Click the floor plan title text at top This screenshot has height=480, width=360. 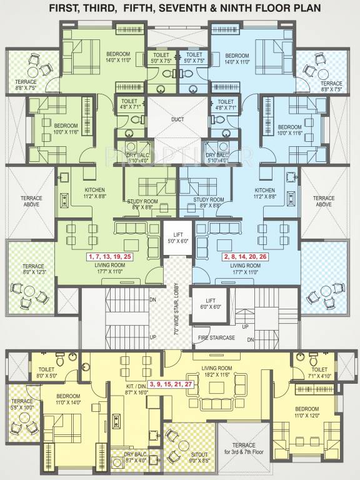tap(179, 9)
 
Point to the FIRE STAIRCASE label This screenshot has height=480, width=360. tap(216, 338)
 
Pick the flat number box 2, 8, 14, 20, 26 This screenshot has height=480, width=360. tap(246, 257)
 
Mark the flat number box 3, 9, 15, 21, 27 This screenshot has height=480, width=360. tap(170, 384)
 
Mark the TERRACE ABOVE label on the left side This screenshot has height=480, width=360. tap(26, 201)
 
